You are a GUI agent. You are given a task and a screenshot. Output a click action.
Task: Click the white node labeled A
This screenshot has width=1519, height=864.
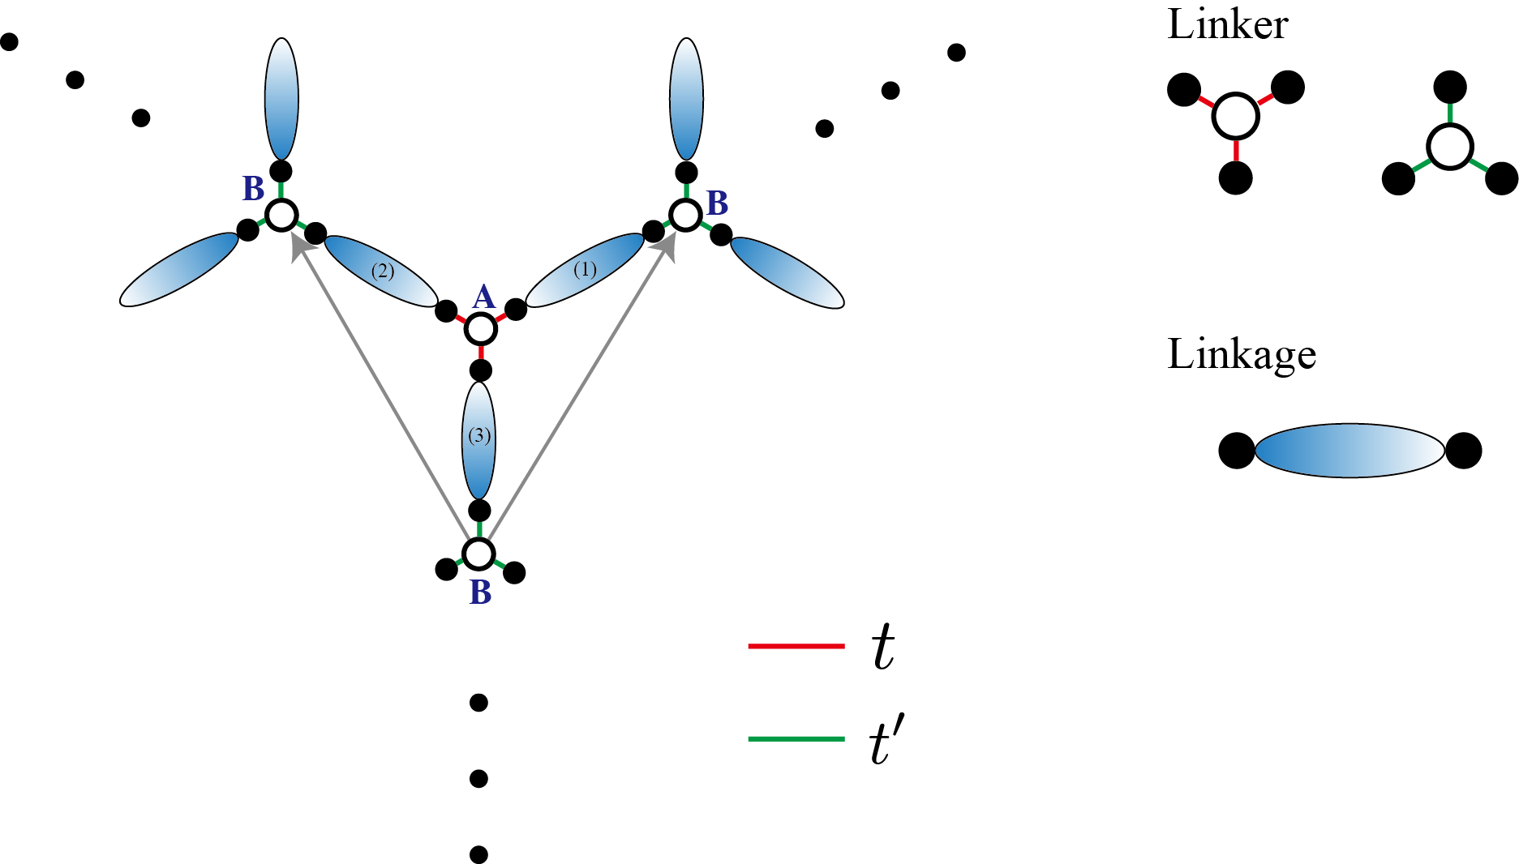(x=481, y=329)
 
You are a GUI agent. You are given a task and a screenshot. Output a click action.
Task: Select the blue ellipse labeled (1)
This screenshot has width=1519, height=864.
(x=586, y=271)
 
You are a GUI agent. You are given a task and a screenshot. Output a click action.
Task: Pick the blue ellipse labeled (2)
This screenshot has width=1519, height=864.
(x=382, y=272)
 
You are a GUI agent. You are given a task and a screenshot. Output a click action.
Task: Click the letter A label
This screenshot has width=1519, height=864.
(x=483, y=297)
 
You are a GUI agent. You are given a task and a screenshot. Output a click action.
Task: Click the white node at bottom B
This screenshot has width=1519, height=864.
(x=479, y=554)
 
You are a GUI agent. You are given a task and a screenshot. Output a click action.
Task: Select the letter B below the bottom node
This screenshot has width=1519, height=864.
(x=480, y=593)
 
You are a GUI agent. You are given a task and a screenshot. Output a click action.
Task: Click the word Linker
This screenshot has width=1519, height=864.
(x=1227, y=24)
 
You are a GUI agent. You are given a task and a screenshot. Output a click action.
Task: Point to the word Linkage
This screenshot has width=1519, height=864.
(x=1242, y=354)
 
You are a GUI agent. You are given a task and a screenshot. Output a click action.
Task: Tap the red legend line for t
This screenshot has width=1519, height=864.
(x=796, y=646)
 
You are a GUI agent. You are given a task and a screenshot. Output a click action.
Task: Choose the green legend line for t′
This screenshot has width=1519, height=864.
(x=796, y=738)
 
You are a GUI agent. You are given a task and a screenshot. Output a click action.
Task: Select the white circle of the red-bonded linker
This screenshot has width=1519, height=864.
(x=1235, y=116)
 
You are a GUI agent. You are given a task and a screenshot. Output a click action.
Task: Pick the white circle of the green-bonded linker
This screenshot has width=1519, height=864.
(x=1449, y=147)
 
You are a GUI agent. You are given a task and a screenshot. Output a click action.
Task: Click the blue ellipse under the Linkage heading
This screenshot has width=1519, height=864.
(x=1350, y=451)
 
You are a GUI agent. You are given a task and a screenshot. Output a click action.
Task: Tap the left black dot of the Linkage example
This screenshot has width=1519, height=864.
(x=1237, y=451)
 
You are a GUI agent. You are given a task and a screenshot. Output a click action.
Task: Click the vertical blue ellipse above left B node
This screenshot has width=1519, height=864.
(x=281, y=99)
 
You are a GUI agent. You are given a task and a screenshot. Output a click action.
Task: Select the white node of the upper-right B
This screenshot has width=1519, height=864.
(x=685, y=215)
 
